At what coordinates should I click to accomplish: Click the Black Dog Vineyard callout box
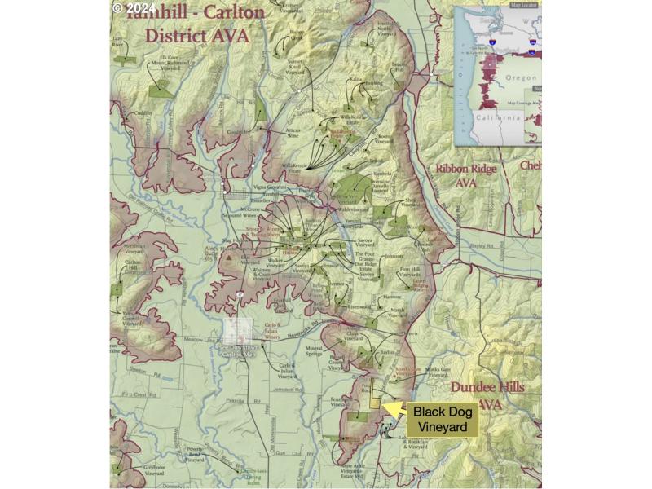point(443,419)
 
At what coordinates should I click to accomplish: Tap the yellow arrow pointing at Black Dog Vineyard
point(394,408)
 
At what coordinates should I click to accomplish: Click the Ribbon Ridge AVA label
point(465,176)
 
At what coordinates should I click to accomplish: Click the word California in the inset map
point(498,117)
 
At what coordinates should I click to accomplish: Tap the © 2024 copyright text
point(133,7)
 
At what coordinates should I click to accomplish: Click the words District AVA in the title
point(196,36)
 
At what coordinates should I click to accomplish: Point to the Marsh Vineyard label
point(397,314)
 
